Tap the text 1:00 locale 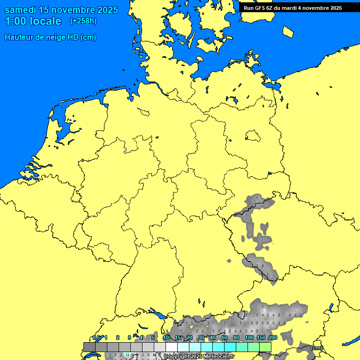click(x=33, y=21)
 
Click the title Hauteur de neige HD click(x=50, y=37)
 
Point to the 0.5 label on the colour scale click(x=97, y=337)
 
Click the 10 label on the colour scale click(x=166, y=337)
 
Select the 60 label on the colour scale click(x=225, y=337)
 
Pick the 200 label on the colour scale click(x=273, y=337)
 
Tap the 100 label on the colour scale click(x=249, y=337)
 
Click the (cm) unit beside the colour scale click(x=316, y=348)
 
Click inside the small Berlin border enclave click(x=253, y=136)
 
